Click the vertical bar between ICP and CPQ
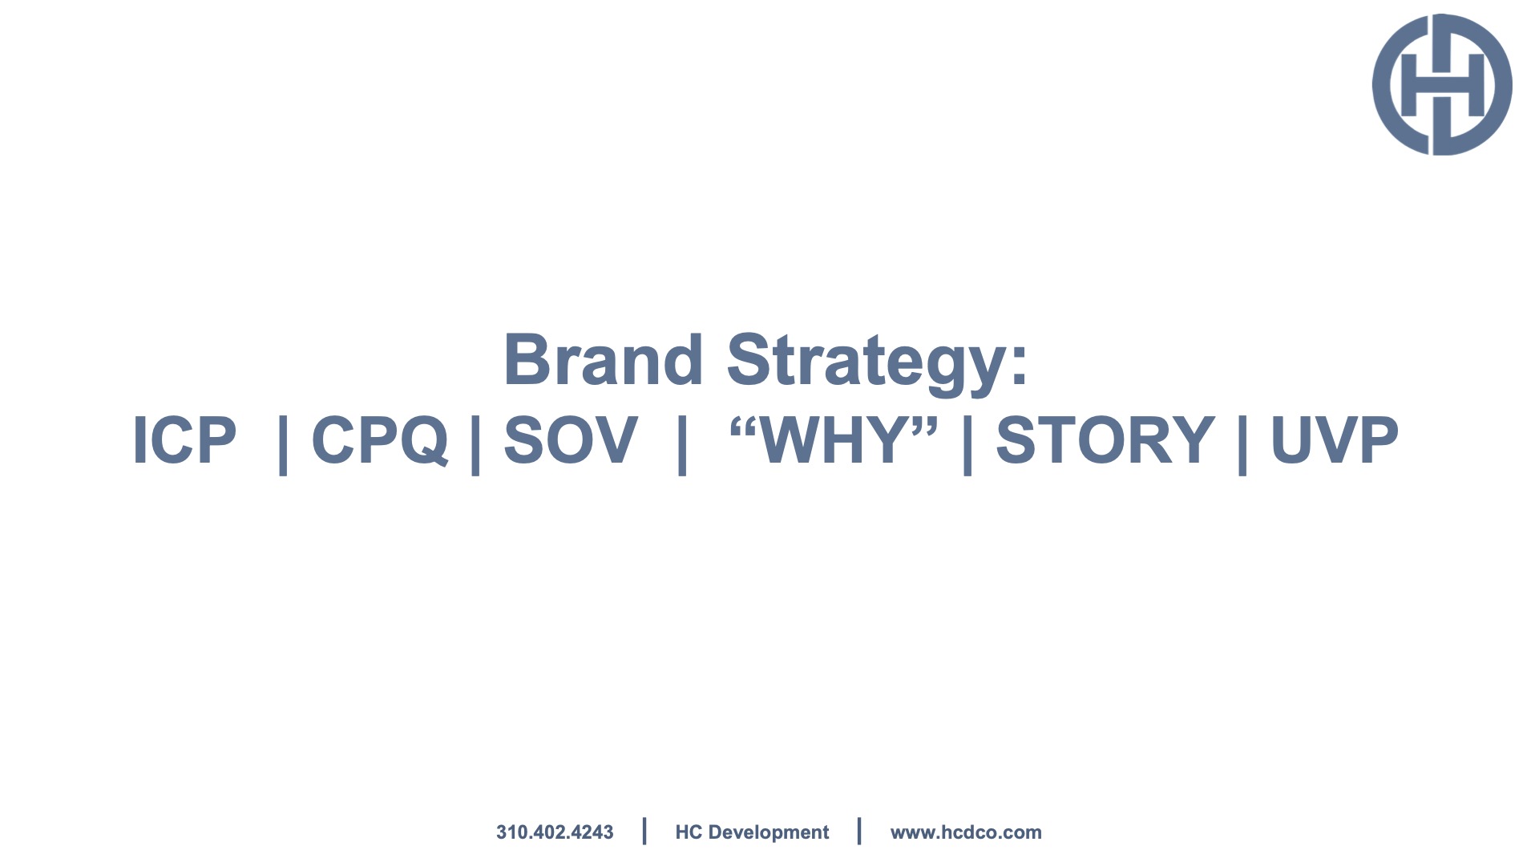(x=282, y=444)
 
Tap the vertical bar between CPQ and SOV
(x=475, y=444)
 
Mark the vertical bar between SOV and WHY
(x=682, y=444)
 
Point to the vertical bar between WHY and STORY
(x=967, y=444)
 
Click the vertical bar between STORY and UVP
(x=1242, y=444)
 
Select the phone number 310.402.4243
(x=555, y=832)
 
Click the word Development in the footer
(x=769, y=833)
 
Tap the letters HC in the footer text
(x=689, y=832)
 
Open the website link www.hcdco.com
(x=966, y=832)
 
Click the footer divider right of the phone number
(x=644, y=831)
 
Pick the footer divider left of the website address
(x=859, y=831)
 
